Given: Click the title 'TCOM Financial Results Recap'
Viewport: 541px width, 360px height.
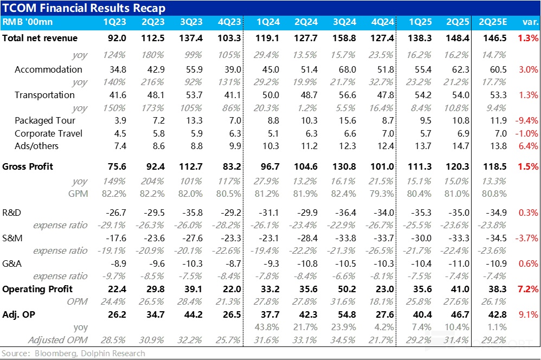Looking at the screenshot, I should point(84,8).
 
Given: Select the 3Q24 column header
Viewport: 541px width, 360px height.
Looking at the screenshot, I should point(344,23).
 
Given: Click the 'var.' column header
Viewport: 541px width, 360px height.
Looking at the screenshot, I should point(529,23).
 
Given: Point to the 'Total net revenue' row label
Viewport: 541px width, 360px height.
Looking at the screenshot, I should point(40,38).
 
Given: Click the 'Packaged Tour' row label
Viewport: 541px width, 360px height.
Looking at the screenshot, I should point(45,120).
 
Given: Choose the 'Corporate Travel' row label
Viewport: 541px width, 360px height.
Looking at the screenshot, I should point(48,133).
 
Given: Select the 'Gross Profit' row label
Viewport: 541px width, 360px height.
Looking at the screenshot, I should point(28,166).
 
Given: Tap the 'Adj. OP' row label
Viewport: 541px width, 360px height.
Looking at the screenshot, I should point(21,315).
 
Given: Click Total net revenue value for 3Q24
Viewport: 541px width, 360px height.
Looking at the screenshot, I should point(345,38).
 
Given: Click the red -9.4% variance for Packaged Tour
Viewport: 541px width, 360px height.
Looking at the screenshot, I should point(526,120).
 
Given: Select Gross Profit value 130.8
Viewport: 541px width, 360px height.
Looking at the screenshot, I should point(345,166).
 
